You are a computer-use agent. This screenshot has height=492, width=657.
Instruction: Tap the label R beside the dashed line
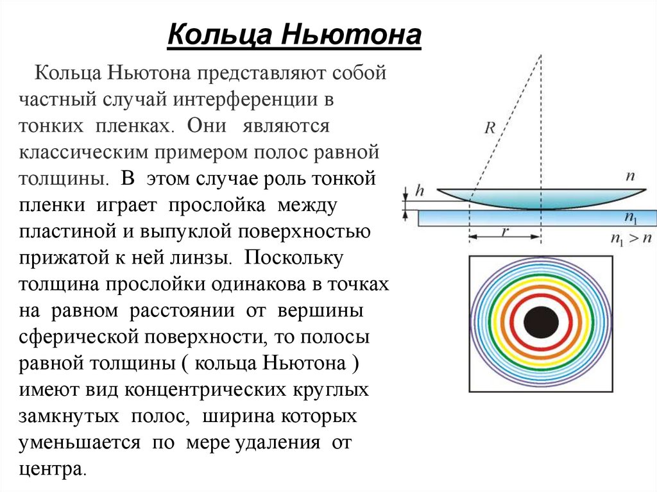coord(490,128)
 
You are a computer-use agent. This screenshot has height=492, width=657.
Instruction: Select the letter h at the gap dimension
coord(420,191)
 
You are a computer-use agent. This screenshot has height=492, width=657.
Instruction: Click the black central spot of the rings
coord(540,323)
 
